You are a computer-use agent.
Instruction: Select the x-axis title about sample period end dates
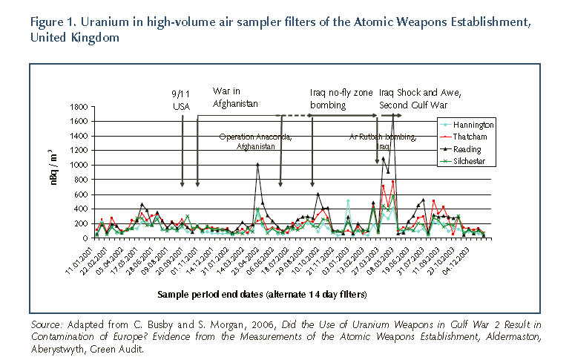262,295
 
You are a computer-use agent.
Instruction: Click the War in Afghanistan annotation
235,99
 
